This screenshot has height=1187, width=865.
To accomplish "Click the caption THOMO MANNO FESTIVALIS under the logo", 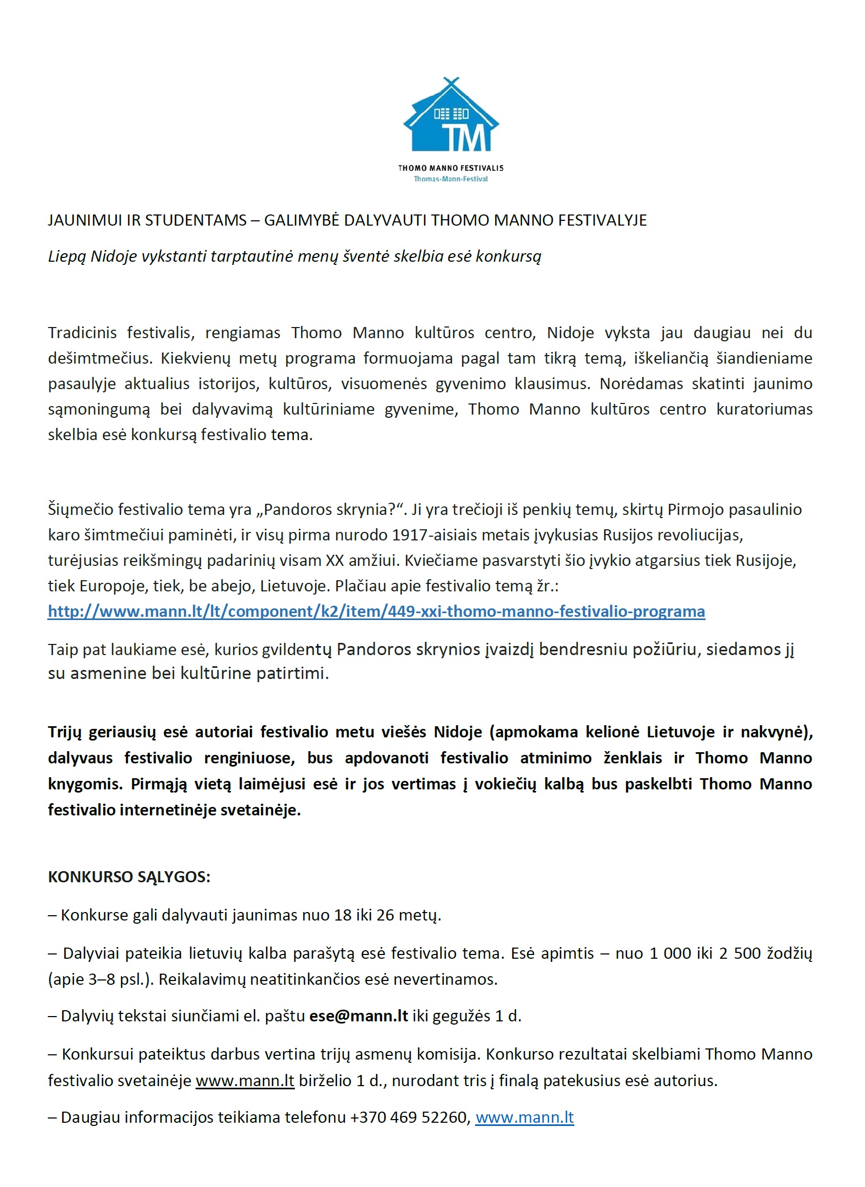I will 451,168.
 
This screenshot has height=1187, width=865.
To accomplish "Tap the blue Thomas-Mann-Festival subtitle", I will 451,179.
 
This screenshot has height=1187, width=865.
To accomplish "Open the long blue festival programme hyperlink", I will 376,612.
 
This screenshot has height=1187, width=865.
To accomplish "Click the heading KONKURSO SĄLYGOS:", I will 129,876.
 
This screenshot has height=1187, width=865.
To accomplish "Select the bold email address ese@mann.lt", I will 359,1016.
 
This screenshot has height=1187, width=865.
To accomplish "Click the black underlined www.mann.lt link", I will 245,1081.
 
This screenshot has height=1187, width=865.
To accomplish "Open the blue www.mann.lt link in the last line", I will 524,1117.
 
